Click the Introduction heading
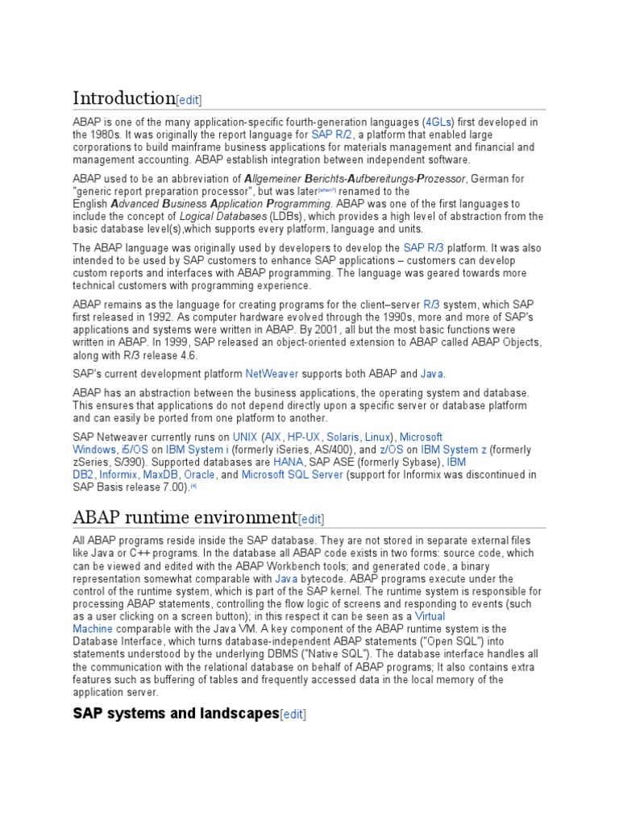tap(123, 98)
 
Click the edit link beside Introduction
tap(189, 100)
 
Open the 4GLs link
tap(439, 122)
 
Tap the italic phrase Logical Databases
tap(222, 217)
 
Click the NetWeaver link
tap(272, 374)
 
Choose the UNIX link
tap(245, 437)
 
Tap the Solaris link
tap(343, 437)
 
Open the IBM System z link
tap(453, 450)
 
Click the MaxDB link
tap(160, 475)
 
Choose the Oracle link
tap(199, 475)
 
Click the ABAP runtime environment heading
tap(185, 516)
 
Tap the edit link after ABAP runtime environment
tap(311, 519)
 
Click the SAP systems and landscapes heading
tap(176, 713)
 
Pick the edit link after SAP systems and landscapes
tap(293, 714)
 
